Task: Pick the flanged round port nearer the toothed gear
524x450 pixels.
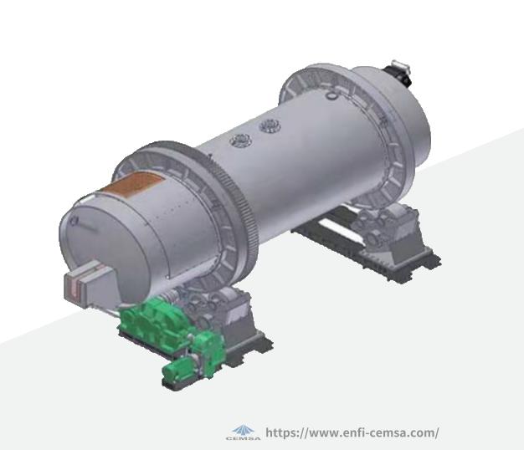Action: tap(239, 140)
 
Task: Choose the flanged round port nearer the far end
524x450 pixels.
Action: tap(270, 126)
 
